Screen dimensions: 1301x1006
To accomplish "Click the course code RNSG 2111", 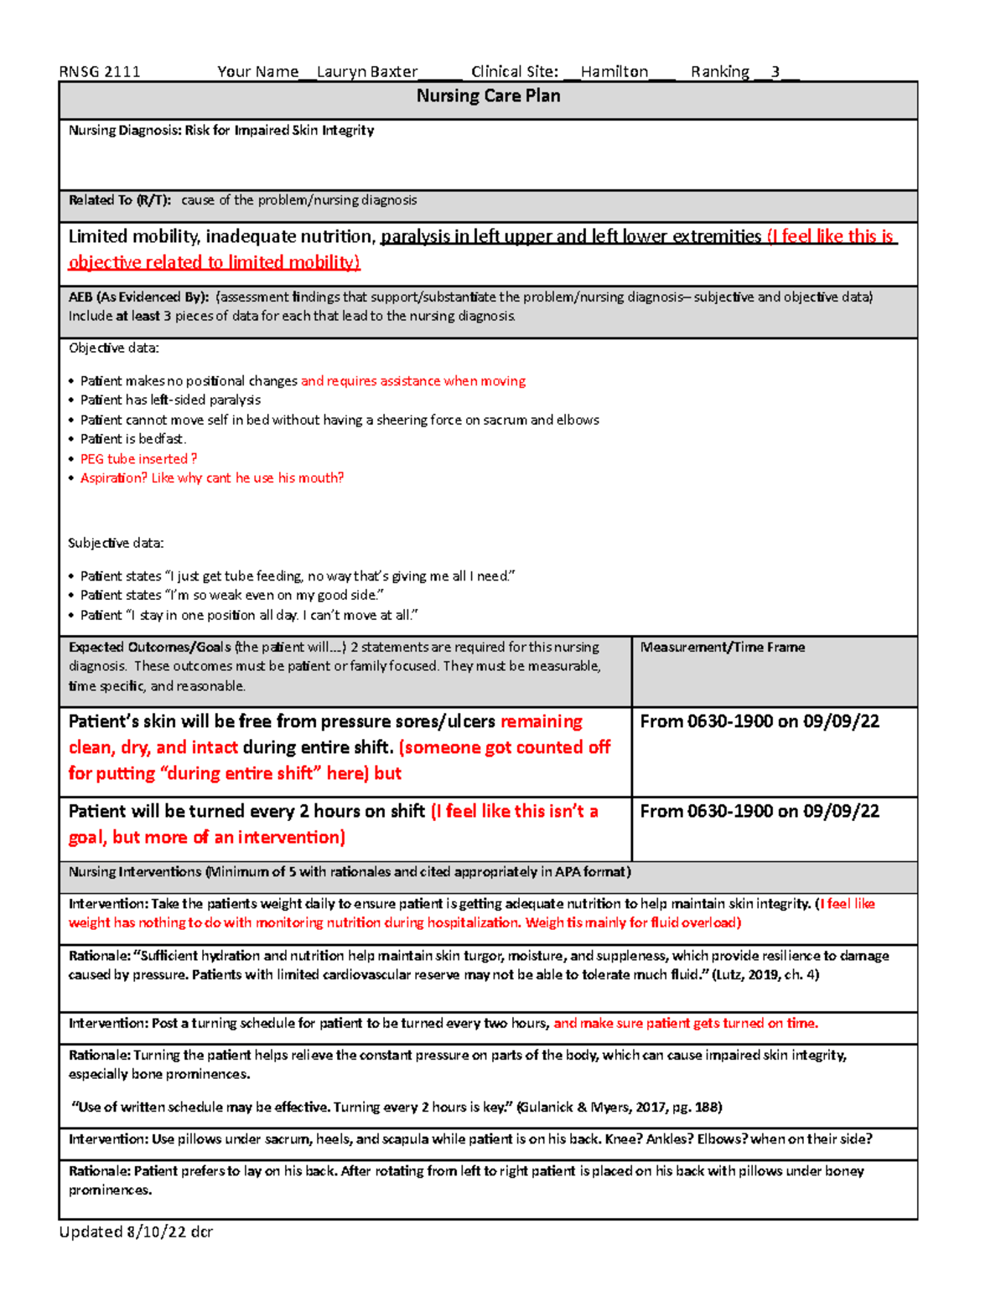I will [100, 72].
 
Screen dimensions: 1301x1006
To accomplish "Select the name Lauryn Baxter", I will [366, 72].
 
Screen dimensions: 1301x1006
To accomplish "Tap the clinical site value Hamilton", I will [614, 72].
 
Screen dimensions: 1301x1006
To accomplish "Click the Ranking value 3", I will [775, 72].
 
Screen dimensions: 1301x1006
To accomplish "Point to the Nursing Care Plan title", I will [488, 96].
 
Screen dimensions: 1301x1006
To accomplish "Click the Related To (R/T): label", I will [120, 200].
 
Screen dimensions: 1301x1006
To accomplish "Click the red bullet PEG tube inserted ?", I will [138, 459].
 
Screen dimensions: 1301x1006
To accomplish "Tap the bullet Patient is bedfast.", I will [132, 439].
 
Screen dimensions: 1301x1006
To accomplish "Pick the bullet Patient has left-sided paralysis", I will [170, 400].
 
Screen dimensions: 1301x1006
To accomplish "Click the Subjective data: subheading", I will [116, 543].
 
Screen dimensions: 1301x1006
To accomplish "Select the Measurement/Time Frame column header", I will [722, 648].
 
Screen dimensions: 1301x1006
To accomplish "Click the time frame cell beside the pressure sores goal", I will [760, 722].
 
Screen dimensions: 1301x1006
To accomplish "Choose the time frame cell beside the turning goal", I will [760, 812].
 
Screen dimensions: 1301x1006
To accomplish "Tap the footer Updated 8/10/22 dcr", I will [136, 1231].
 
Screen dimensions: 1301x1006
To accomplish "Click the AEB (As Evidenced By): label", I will [138, 297].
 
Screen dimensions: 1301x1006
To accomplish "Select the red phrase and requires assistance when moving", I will [413, 381].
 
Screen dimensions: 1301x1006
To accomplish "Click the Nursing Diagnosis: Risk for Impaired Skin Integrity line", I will [221, 131].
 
